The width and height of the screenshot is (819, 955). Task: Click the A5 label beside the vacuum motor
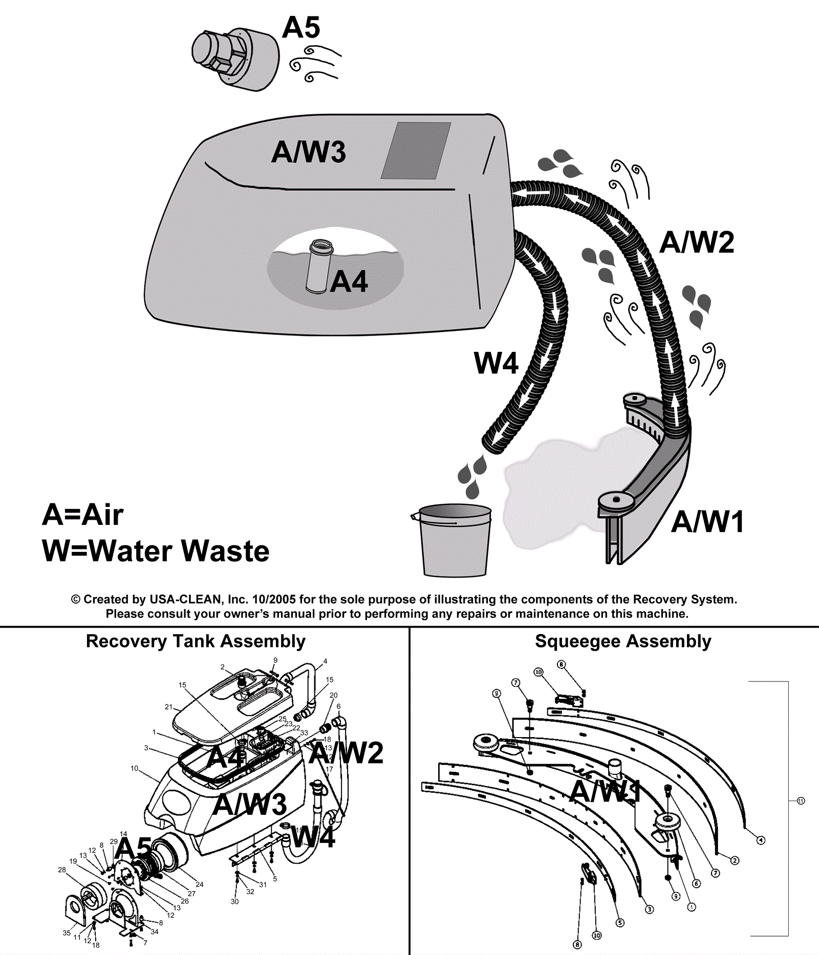[x=301, y=27]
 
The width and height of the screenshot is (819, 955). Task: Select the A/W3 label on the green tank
[x=309, y=152]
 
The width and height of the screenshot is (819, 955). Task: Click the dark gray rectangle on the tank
[x=416, y=150]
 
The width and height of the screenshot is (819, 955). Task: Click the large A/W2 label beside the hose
[x=697, y=242]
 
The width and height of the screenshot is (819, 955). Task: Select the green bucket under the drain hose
[x=454, y=541]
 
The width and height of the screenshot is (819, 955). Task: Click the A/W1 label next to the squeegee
[x=707, y=522]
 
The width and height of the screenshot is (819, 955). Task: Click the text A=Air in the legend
[x=83, y=514]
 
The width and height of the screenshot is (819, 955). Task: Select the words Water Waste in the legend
[x=179, y=551]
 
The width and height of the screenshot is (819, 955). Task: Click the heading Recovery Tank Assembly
[x=196, y=641]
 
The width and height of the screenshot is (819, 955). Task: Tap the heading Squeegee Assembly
[x=623, y=641]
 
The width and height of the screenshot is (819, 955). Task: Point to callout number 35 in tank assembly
[x=67, y=932]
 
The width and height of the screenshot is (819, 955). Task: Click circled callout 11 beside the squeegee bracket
[x=801, y=801]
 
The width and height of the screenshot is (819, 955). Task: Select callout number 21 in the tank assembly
[x=168, y=706]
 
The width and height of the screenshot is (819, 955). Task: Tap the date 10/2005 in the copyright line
[x=274, y=599]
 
